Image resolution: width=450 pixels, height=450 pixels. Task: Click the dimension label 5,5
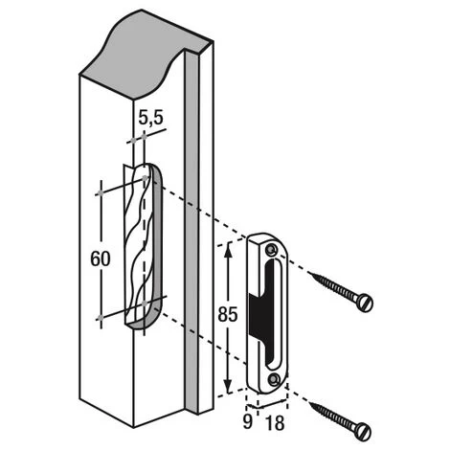tap(150, 118)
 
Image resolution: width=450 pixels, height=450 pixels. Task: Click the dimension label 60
tap(101, 259)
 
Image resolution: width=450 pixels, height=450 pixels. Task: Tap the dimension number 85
tap(228, 314)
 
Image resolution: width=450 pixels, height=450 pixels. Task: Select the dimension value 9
tap(248, 422)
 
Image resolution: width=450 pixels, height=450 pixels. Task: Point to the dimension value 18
tap(275, 423)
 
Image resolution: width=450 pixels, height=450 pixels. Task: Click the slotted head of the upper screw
tap(365, 303)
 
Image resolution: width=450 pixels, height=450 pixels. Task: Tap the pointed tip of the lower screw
tap(310, 403)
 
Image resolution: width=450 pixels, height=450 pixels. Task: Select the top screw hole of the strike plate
tap(272, 250)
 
